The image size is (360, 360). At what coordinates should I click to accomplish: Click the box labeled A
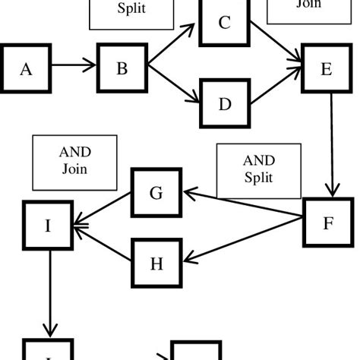(27, 69)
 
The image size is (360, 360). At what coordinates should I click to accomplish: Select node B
(122, 68)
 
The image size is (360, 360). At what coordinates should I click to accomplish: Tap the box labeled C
(224, 23)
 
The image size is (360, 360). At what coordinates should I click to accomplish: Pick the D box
(224, 103)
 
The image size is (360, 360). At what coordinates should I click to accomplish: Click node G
(156, 193)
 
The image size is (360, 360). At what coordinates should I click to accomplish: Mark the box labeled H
(156, 263)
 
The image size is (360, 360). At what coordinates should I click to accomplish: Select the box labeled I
(48, 226)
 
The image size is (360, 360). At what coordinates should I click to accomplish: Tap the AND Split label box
(258, 170)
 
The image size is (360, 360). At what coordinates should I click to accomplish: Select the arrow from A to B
(74, 67)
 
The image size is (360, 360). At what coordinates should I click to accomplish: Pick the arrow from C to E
(275, 44)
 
